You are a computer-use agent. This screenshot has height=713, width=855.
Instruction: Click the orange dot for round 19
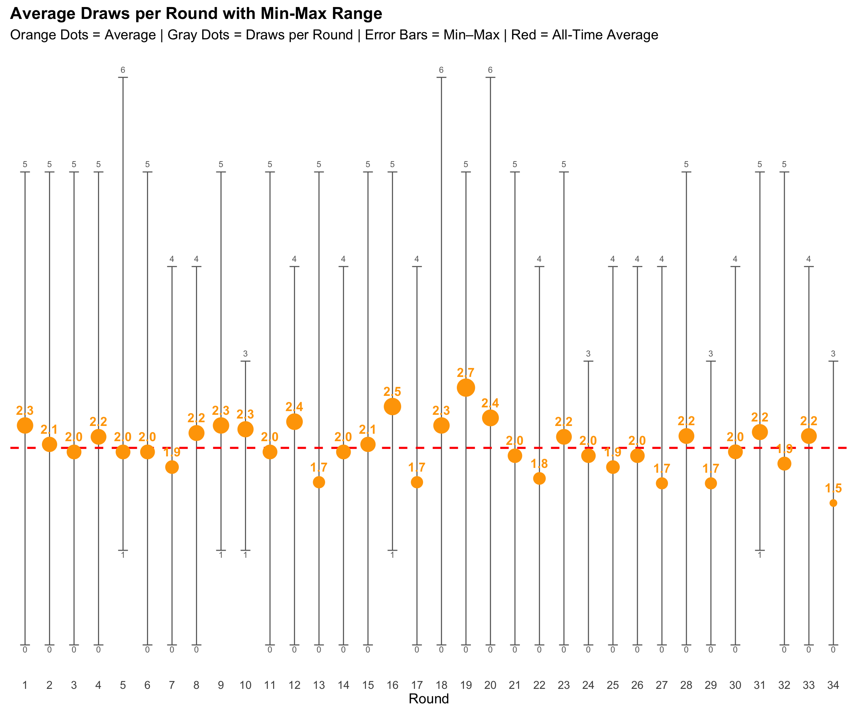pyautogui.click(x=466, y=387)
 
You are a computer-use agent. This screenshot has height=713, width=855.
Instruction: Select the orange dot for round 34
pyautogui.click(x=833, y=503)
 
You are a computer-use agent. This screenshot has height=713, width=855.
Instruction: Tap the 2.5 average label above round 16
pyautogui.click(x=392, y=391)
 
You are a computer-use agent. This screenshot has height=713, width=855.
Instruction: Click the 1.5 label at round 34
pyautogui.click(x=833, y=488)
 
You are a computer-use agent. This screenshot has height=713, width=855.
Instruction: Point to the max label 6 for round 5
pyautogui.click(x=122, y=70)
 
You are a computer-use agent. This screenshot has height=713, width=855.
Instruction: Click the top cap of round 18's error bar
pyautogui.click(x=441, y=77)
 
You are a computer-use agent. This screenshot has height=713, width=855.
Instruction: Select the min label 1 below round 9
pyautogui.click(x=221, y=555)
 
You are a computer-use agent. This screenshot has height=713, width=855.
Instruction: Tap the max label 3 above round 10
pyautogui.click(x=245, y=354)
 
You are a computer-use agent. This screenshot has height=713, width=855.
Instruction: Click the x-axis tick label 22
pyautogui.click(x=539, y=685)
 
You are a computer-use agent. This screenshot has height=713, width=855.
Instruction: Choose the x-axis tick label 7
pyautogui.click(x=172, y=685)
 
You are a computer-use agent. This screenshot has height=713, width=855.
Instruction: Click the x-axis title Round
pyautogui.click(x=428, y=699)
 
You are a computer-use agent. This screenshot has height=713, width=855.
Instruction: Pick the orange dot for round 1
pyautogui.click(x=25, y=425)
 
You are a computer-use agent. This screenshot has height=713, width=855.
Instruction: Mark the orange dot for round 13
pyautogui.click(x=319, y=482)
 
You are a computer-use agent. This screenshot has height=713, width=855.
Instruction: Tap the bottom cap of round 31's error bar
pyautogui.click(x=759, y=550)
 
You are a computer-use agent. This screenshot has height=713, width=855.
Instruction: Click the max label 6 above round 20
pyautogui.click(x=490, y=70)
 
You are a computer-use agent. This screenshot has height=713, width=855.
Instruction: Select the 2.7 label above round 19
pyautogui.click(x=466, y=372)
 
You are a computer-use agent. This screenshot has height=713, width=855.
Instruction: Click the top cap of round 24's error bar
pyautogui.click(x=588, y=361)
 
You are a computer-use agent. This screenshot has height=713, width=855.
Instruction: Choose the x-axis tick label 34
pyautogui.click(x=833, y=685)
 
